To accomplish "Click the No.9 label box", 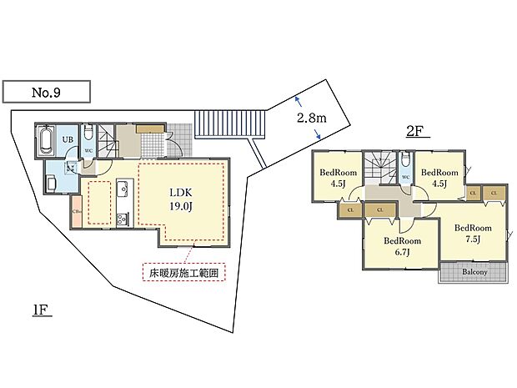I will tap(46, 91).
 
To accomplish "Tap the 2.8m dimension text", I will tap(310, 118).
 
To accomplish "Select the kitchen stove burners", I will tap(120, 219).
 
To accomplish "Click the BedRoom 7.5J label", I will tap(473, 232).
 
